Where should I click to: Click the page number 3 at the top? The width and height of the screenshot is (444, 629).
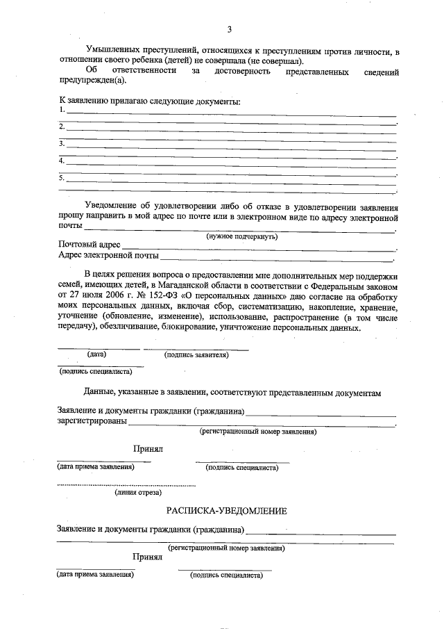tap(229, 29)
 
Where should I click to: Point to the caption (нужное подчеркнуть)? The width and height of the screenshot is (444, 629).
tap(242, 236)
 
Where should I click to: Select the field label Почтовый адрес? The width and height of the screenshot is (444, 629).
tap(89, 245)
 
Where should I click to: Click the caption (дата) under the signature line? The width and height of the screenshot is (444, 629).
tap(96, 354)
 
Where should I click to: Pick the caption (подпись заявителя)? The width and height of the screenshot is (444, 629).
tap(196, 355)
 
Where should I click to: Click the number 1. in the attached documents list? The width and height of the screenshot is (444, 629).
tap(62, 110)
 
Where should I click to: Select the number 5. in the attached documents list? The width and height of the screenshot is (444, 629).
tap(62, 178)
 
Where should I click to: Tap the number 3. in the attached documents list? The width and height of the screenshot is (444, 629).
tap(62, 144)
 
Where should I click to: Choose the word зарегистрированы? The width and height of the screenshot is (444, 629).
tap(92, 421)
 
